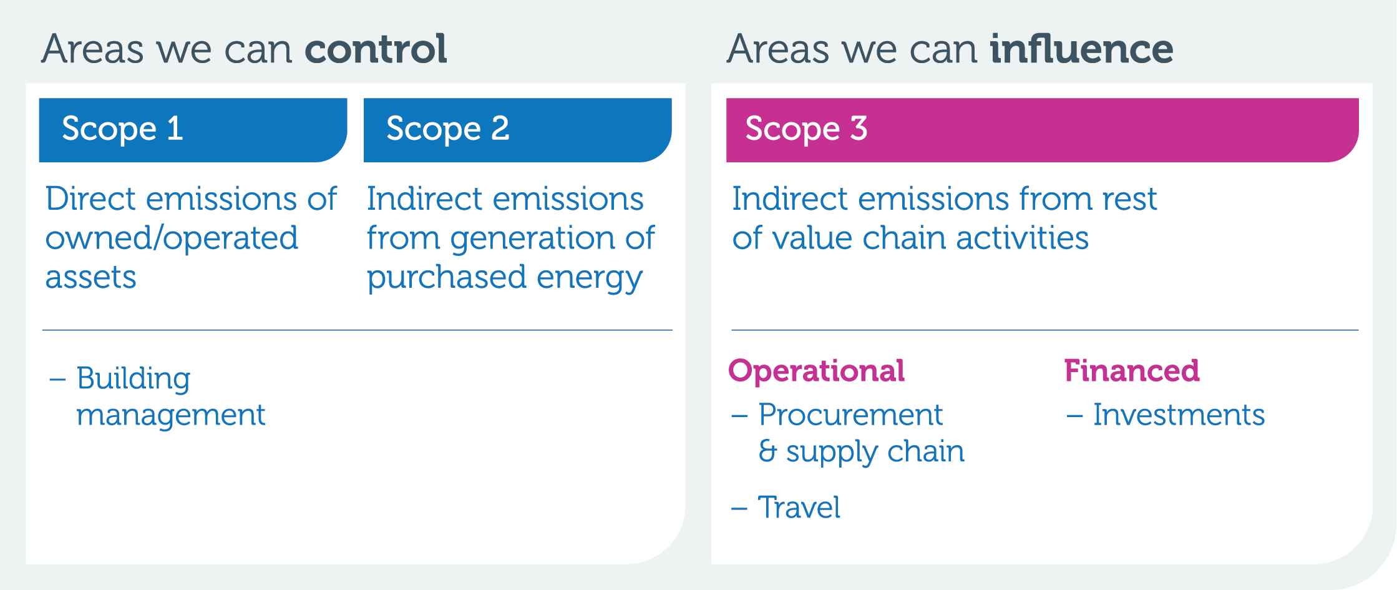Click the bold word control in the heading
[376, 49]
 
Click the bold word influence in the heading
[1081, 49]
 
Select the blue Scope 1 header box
[193, 130]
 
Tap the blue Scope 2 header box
[517, 130]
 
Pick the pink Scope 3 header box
[1042, 130]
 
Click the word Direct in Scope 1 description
[90, 199]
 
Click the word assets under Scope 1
[90, 277]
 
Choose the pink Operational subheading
[816, 371]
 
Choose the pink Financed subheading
[1132, 370]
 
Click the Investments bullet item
[1179, 415]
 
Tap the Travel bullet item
[799, 507]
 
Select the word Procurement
[850, 415]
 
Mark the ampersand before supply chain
[767, 451]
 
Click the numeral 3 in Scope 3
[859, 129]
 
